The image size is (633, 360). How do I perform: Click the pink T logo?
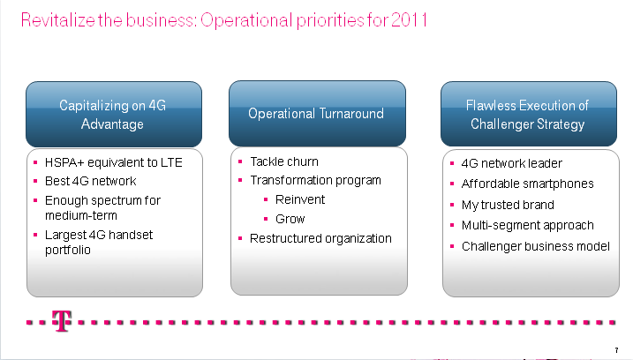(62, 321)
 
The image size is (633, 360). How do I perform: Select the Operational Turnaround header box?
(317, 114)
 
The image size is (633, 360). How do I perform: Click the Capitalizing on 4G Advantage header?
(113, 114)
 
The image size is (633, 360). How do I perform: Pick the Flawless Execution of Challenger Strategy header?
(529, 114)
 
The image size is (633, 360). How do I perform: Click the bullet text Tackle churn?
(284, 161)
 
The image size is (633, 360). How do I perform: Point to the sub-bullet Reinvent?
(300, 199)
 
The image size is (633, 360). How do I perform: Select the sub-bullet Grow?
(290, 219)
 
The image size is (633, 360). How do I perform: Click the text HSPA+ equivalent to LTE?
(113, 162)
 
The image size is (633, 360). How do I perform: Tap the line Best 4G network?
(90, 181)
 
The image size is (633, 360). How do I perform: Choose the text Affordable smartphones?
(527, 184)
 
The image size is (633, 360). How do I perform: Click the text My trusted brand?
(508, 205)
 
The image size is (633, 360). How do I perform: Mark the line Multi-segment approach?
(527, 225)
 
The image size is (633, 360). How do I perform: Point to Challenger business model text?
(535, 246)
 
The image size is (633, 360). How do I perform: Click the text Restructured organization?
(320, 238)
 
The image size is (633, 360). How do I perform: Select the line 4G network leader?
(511, 163)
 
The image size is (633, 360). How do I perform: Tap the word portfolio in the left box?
(67, 251)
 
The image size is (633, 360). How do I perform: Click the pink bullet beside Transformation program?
(240, 180)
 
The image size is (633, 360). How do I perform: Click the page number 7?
(616, 350)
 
